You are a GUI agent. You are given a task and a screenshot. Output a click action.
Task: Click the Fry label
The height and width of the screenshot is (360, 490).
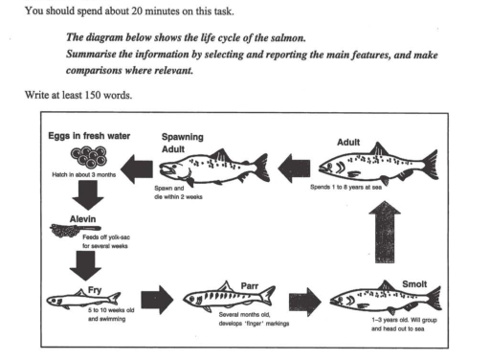(67, 285)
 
